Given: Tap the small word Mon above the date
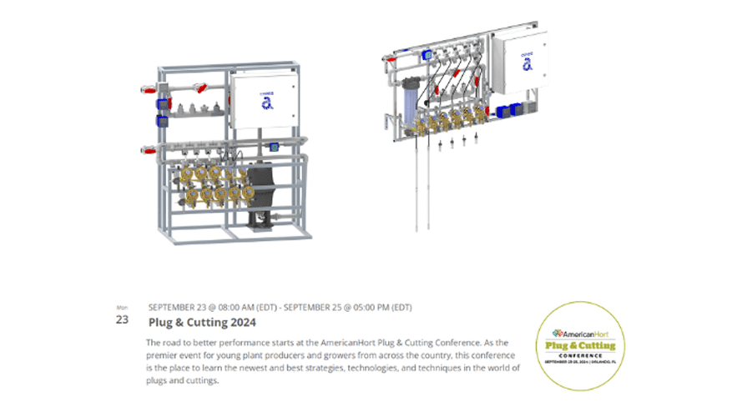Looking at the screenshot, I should coord(122,307).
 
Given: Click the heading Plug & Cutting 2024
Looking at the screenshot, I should coord(202,321).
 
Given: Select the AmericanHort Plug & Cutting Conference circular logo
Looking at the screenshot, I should coord(580,345).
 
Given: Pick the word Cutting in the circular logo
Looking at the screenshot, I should coord(598,345).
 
